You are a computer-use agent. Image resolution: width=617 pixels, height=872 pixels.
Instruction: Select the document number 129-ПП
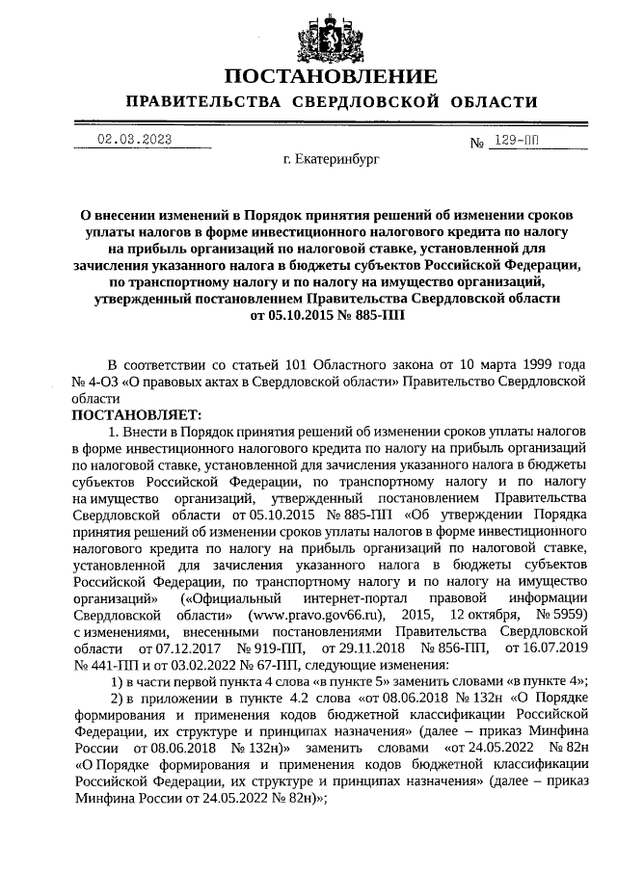[x=516, y=141]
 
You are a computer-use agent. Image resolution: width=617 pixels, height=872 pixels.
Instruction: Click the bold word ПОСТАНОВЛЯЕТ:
[x=132, y=414]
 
